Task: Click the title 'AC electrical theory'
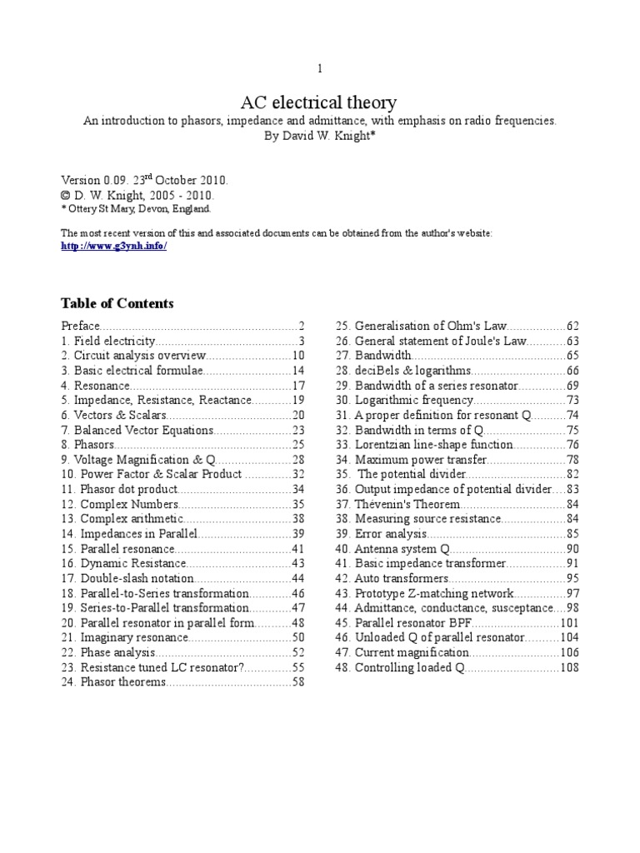point(319,103)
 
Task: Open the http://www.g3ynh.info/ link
point(114,248)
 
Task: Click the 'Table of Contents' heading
point(117,302)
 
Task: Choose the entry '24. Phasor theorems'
point(114,683)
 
